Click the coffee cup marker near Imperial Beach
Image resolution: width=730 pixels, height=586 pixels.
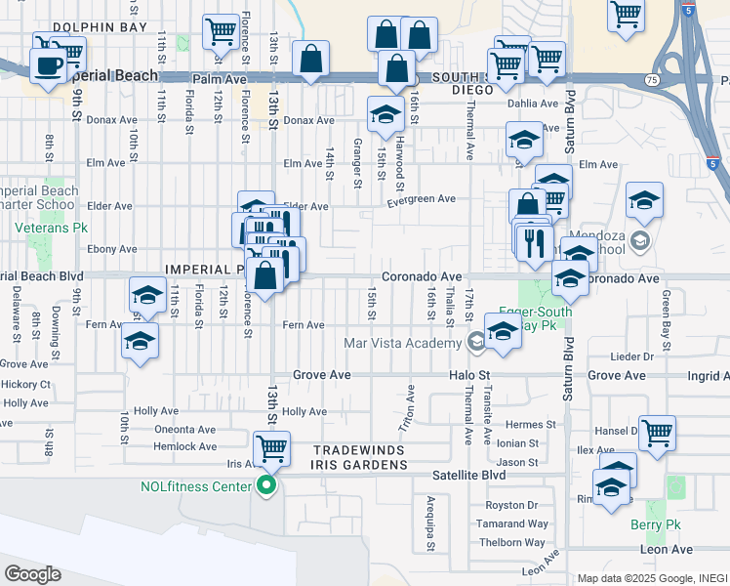click(47, 66)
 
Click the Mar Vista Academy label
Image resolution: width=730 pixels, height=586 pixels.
click(403, 343)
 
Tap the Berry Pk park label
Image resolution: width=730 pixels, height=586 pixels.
click(654, 524)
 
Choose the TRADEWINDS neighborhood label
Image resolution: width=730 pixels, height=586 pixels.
click(359, 450)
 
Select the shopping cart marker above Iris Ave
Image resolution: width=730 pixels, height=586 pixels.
click(271, 449)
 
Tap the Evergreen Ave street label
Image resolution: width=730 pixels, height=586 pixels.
click(421, 199)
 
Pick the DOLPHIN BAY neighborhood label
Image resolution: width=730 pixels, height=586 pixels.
click(101, 28)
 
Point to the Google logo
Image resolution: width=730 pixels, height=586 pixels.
click(32, 574)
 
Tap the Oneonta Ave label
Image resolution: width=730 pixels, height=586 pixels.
click(185, 430)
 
